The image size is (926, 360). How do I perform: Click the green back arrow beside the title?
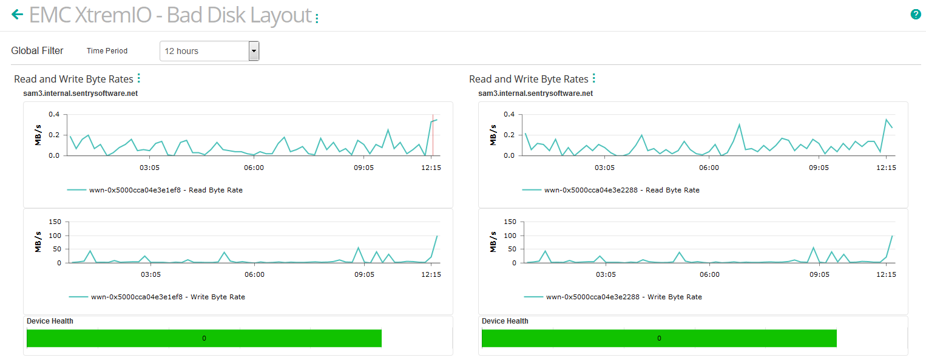click(17, 15)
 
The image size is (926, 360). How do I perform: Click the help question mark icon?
click(916, 15)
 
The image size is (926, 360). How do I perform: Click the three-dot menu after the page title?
click(317, 18)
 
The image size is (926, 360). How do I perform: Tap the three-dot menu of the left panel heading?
click(139, 78)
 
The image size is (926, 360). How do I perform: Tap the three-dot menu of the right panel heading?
click(594, 78)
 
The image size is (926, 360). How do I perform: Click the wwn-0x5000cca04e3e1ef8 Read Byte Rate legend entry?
click(155, 190)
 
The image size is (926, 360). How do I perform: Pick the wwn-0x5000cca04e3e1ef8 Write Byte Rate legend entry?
click(157, 297)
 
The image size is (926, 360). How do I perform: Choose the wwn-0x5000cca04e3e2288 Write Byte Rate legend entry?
click(613, 297)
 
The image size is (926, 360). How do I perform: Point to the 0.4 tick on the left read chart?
click(54, 115)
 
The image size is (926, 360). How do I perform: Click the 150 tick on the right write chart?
click(508, 222)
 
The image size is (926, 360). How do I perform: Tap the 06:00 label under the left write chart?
click(254, 274)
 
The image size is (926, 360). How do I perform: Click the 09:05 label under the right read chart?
click(819, 168)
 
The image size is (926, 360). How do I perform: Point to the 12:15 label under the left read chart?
click(431, 168)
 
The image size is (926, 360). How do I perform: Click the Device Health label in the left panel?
click(50, 321)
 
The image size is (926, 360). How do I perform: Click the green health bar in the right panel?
click(659, 338)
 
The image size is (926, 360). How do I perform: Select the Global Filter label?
click(37, 51)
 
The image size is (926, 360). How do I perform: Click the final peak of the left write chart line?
click(437, 236)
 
